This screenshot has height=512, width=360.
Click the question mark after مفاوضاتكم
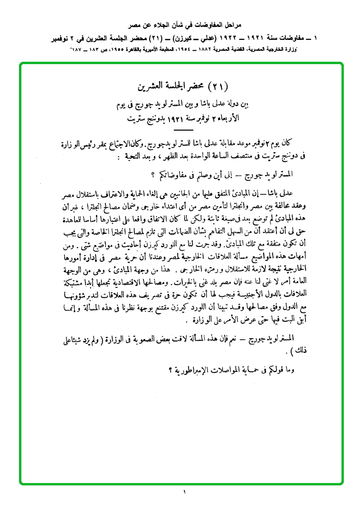(x=153, y=175)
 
